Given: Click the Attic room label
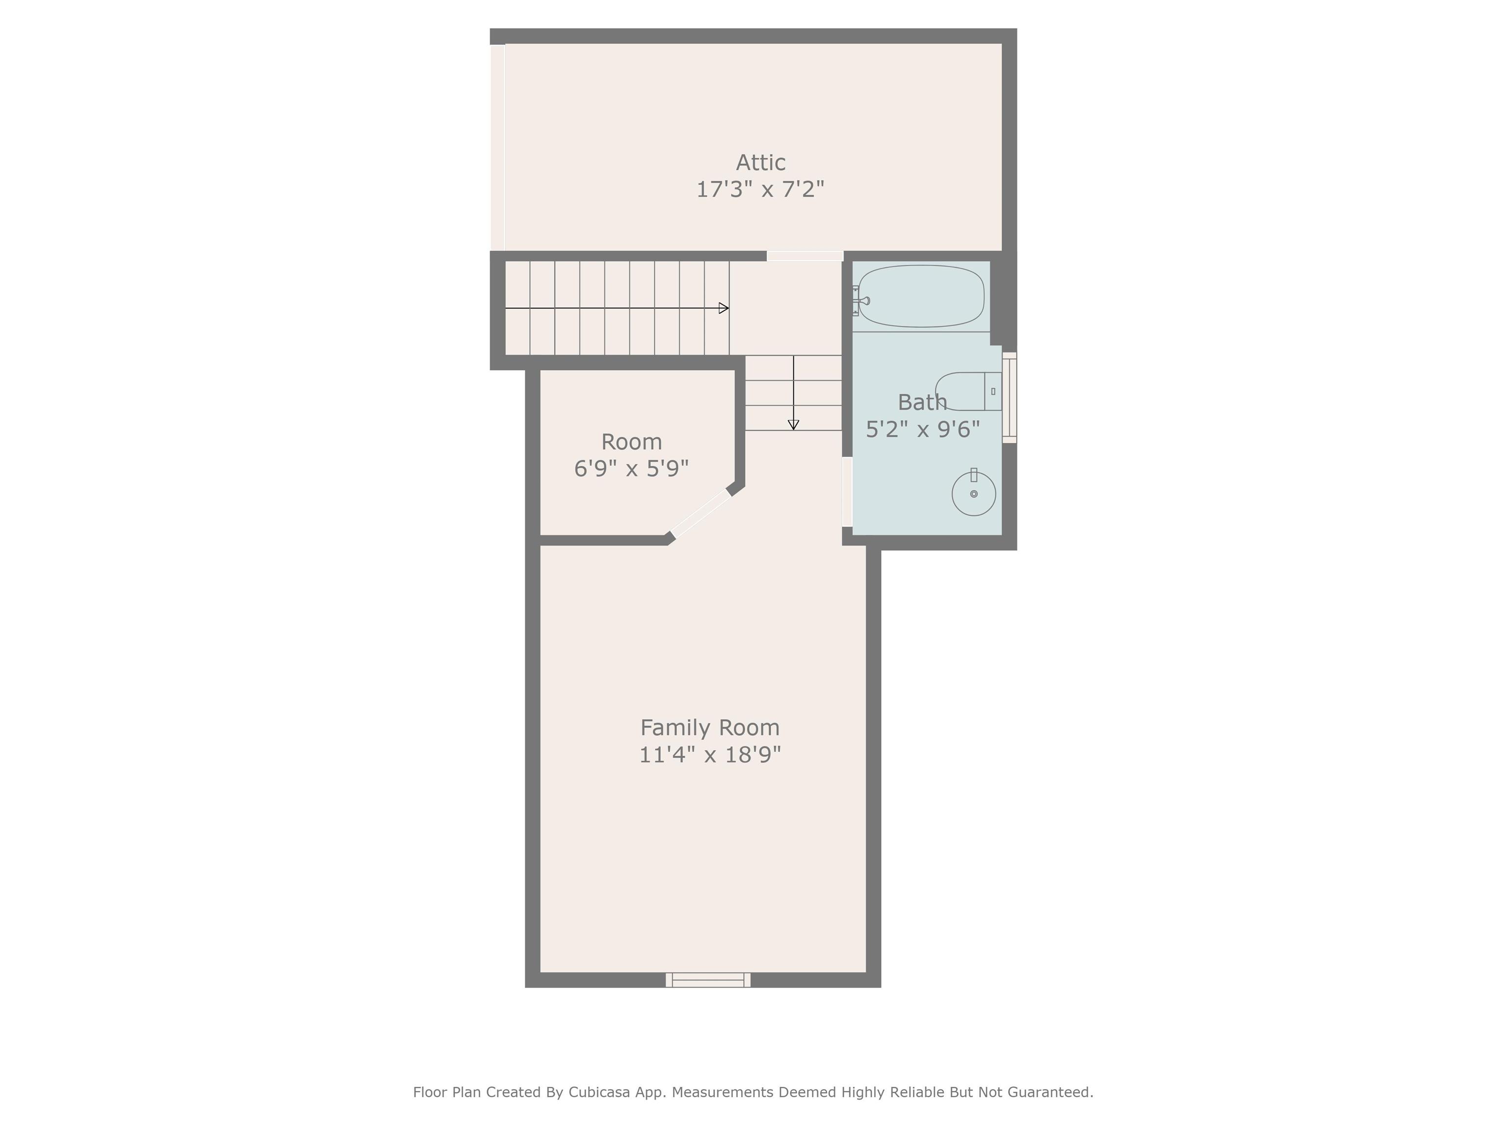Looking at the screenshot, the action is point(760,163).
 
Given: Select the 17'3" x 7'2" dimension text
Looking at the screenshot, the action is point(760,189).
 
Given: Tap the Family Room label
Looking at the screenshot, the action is point(710,728).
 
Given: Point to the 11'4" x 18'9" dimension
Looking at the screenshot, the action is point(710,754).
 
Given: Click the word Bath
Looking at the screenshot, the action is point(922,402).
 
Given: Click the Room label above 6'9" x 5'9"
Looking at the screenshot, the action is point(631,442).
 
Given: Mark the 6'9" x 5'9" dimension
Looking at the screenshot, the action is point(631,468).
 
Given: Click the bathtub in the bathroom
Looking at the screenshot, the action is point(921,296).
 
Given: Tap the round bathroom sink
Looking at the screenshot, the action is point(974,493).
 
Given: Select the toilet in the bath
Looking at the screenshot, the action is point(968,391).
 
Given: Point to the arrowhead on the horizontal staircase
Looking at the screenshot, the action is point(724,308).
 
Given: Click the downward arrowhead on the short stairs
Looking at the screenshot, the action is point(794,425).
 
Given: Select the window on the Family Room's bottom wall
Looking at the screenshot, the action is point(708,980).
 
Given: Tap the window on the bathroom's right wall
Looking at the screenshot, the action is point(1010,398).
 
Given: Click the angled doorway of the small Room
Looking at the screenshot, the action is point(701,515).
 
